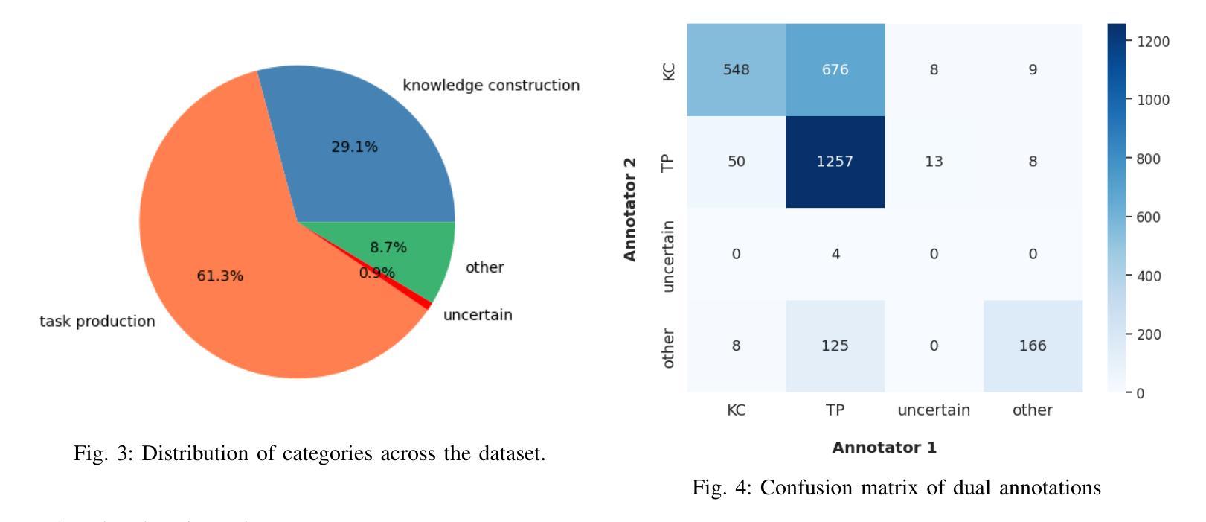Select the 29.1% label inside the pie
pyautogui.click(x=354, y=147)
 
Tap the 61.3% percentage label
pyautogui.click(x=219, y=276)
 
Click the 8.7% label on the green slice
pyautogui.click(x=388, y=247)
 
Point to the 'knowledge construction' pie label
pyautogui.click(x=491, y=86)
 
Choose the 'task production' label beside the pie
pyautogui.click(x=97, y=322)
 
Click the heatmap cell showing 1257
pyautogui.click(x=835, y=162)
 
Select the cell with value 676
pyautogui.click(x=835, y=69)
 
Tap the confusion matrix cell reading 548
pyautogui.click(x=736, y=69)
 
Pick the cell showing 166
pyautogui.click(x=1033, y=346)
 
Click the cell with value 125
pyautogui.click(x=835, y=346)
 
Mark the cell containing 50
pyautogui.click(x=736, y=162)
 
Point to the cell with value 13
pyautogui.click(x=934, y=162)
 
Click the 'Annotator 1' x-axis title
pyautogui.click(x=884, y=448)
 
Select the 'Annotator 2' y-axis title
pyautogui.click(x=630, y=209)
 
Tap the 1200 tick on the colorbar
pyautogui.click(x=1153, y=41)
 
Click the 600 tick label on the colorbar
pyautogui.click(x=1149, y=217)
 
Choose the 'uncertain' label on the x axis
pyautogui.click(x=934, y=410)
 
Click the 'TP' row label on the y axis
pyautogui.click(x=668, y=162)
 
